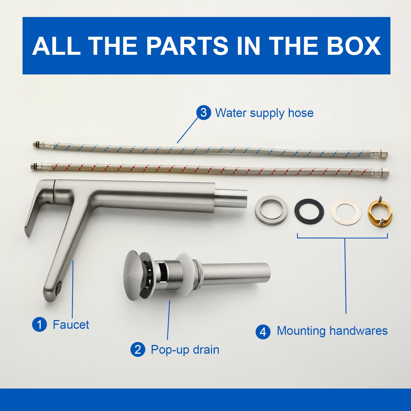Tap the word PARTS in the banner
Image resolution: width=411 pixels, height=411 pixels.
click(187, 46)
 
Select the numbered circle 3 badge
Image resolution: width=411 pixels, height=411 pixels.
click(204, 113)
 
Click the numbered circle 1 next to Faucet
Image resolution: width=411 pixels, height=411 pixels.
click(39, 324)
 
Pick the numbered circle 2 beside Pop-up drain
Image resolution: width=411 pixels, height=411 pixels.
click(138, 350)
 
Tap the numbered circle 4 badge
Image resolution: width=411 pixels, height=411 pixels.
click(263, 332)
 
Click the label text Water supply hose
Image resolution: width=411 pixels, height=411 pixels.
click(264, 113)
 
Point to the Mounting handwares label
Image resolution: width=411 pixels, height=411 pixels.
click(332, 331)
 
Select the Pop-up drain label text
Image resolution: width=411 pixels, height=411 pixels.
click(185, 350)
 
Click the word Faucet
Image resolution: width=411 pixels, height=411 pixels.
click(71, 325)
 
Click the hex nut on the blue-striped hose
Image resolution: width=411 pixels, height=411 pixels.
click(384, 153)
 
